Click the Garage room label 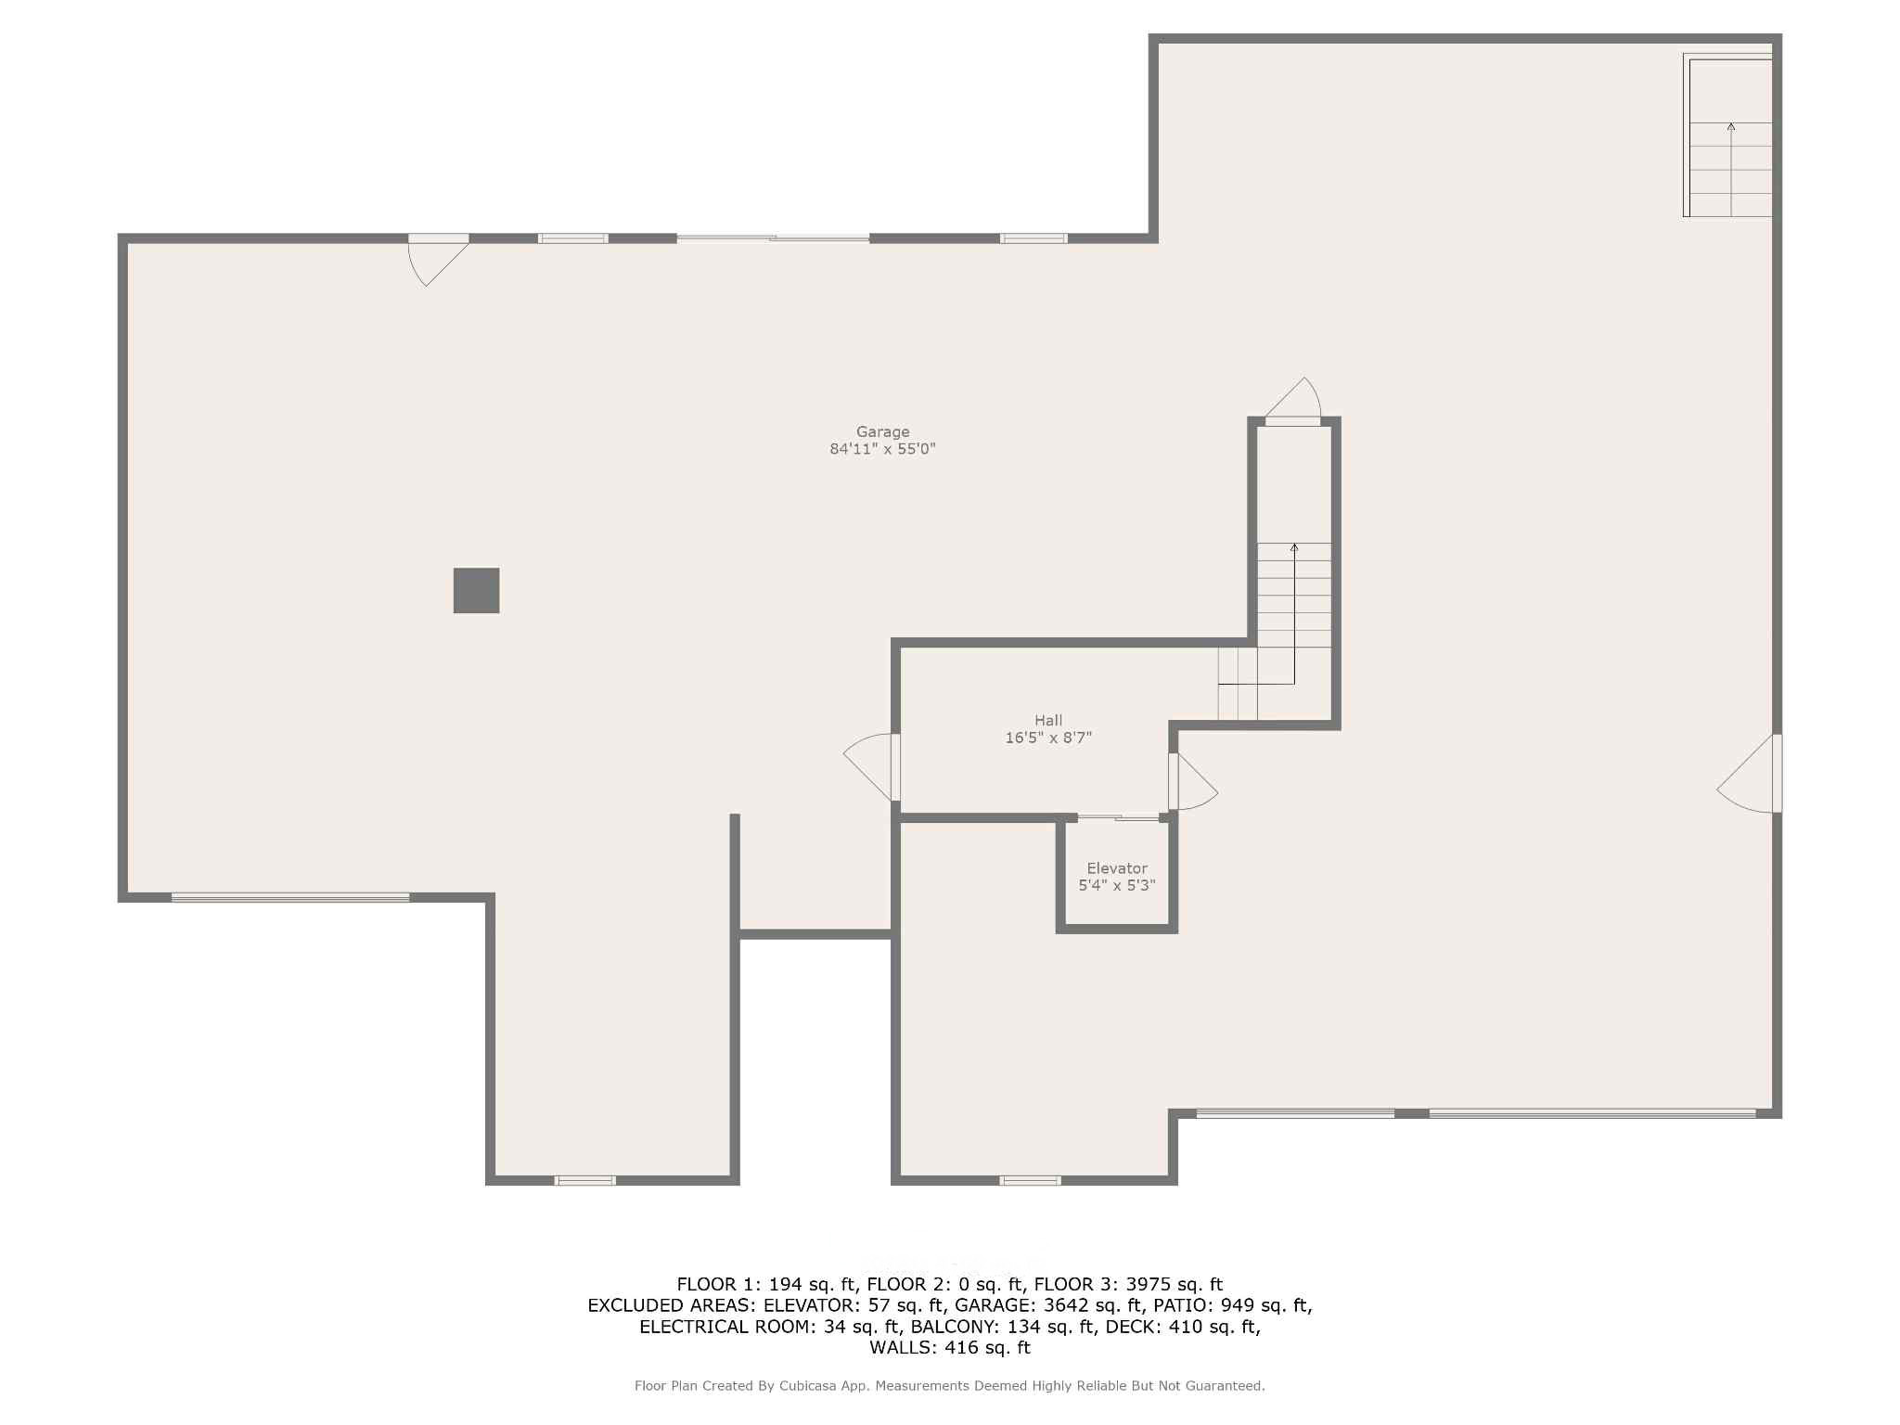coord(882,431)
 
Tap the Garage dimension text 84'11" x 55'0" coord(882,449)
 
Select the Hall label coord(1048,720)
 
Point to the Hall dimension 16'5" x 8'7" coord(1048,738)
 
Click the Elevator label coord(1117,868)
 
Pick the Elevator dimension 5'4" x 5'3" coord(1117,885)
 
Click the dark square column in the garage coord(476,590)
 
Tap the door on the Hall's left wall coord(872,766)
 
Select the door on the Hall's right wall coord(1192,781)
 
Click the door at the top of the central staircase coord(1292,403)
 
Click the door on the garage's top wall coord(438,259)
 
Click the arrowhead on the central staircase coord(1294,547)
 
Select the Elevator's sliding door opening coord(1118,817)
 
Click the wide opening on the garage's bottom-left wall coord(290,897)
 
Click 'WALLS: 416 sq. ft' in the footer coord(950,1347)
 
